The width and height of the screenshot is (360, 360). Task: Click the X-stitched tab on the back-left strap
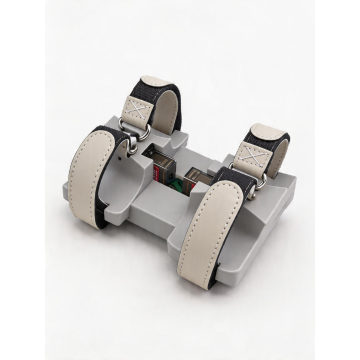point(142,102)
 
